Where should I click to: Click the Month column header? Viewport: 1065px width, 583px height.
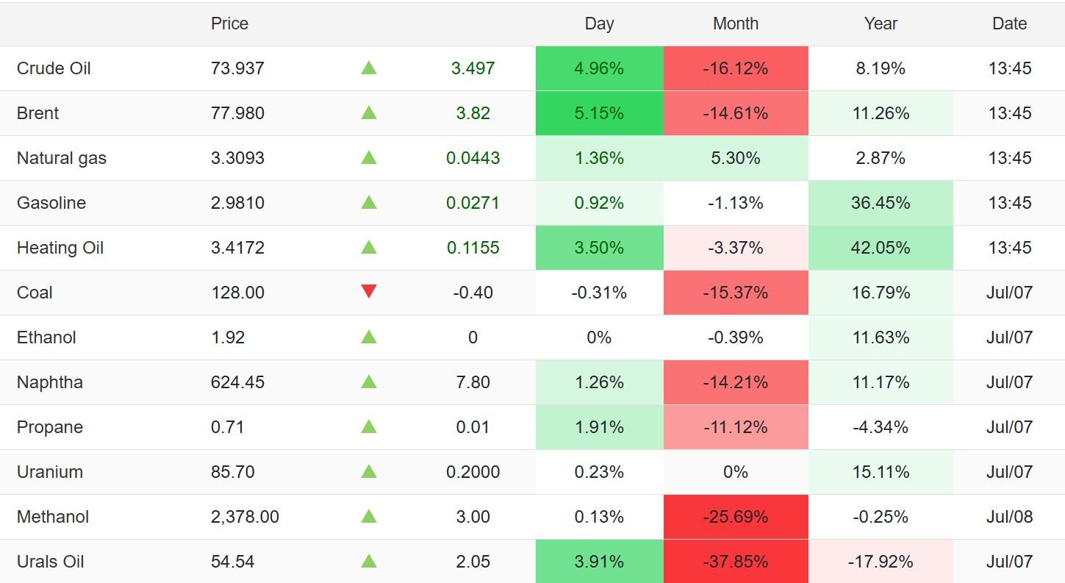[x=736, y=24]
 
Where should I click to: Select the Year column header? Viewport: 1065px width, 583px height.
[x=881, y=24]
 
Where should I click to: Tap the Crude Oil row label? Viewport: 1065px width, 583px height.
[x=54, y=68]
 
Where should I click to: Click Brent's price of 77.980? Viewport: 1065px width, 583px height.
[x=237, y=113]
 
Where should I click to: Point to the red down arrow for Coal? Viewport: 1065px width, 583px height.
[x=369, y=290]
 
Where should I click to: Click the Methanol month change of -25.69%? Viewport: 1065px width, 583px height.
[x=736, y=516]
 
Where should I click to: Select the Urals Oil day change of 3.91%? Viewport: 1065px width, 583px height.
[x=599, y=562]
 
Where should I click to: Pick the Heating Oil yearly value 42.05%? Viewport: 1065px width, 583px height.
[x=881, y=248]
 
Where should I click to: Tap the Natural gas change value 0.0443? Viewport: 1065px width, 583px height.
[x=473, y=158]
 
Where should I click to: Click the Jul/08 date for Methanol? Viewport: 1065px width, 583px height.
[x=1009, y=516]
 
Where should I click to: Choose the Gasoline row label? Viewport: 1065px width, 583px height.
[x=51, y=203]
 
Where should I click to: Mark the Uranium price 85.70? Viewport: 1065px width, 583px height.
[x=232, y=472]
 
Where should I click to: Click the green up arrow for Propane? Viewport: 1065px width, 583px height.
[x=369, y=426]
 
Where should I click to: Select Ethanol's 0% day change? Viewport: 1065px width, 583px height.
[x=599, y=337]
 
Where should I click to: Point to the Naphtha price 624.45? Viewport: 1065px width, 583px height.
[x=237, y=382]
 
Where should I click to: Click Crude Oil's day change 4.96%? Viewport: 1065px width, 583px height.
[x=599, y=68]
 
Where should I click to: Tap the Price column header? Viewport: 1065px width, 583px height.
[x=229, y=24]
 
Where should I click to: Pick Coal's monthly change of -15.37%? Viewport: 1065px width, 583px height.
[x=736, y=293]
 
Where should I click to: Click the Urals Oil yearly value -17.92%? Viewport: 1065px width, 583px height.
[x=881, y=562]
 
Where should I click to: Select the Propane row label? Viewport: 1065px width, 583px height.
[x=50, y=427]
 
